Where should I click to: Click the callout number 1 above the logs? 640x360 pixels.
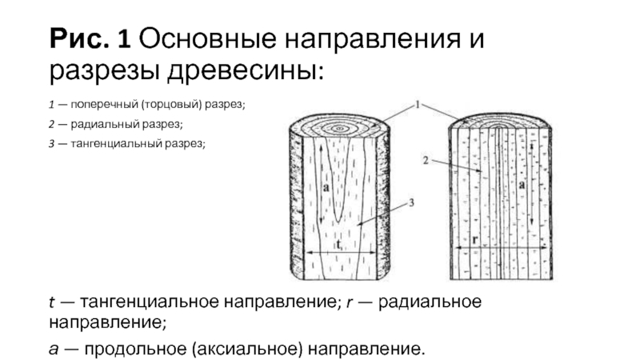[x=418, y=104]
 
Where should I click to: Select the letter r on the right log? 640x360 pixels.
[x=475, y=240]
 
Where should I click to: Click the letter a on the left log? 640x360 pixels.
[x=327, y=186]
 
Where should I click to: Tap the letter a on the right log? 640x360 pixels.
[x=521, y=184]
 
